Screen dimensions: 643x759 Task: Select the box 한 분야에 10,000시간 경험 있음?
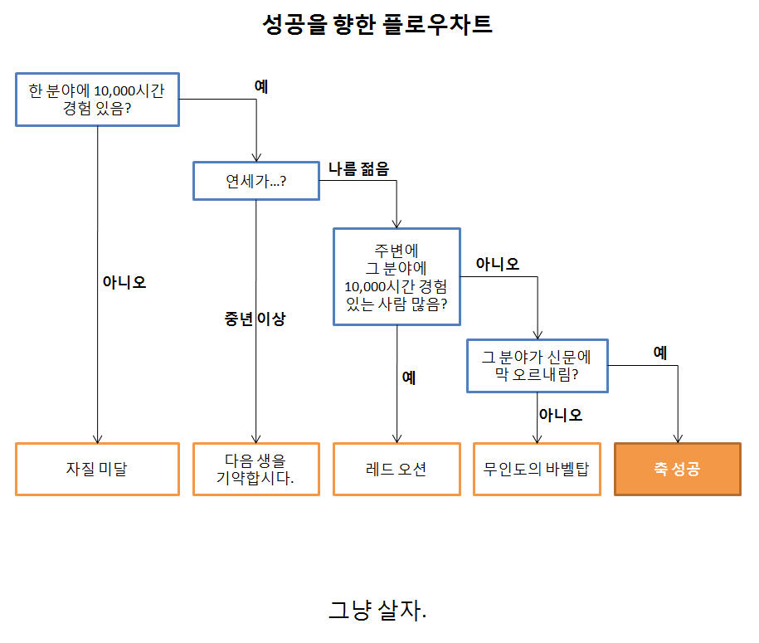(98, 100)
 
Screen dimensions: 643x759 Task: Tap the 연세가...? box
(255, 181)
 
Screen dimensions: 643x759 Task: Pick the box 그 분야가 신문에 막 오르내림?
(537, 365)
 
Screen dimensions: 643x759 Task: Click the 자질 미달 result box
(97, 469)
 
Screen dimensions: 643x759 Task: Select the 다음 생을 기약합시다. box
(255, 469)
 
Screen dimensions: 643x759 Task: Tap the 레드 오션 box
(397, 469)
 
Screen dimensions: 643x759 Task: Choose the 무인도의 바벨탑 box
(537, 469)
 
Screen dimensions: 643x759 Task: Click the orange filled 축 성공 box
(677, 469)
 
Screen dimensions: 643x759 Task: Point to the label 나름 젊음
(358, 168)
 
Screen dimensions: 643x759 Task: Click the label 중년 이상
(255, 319)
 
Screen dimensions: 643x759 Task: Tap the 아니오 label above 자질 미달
(124, 282)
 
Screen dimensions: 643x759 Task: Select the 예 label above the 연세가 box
(261, 86)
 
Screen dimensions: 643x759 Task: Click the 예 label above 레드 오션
(409, 378)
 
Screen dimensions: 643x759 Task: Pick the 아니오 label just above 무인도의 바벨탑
(560, 414)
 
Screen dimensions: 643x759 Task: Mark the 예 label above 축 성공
(659, 353)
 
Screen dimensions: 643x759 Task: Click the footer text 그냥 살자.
(377, 611)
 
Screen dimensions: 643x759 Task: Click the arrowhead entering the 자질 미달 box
(98, 439)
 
